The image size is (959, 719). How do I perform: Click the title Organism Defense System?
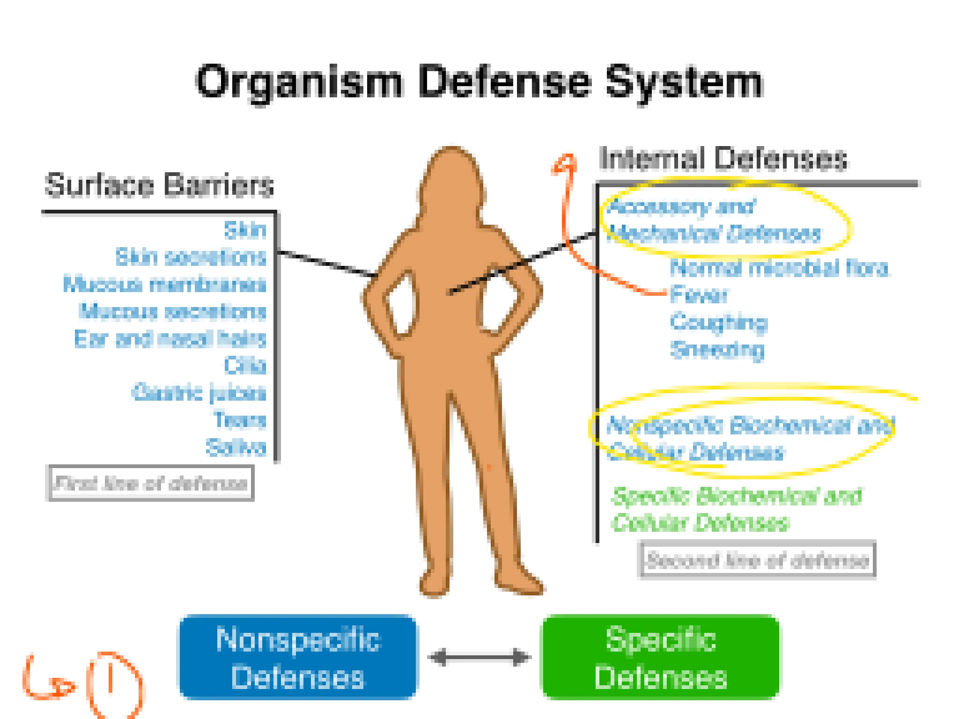(479, 82)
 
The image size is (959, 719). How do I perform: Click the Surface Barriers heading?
(159, 185)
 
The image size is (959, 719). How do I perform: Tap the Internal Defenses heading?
(723, 159)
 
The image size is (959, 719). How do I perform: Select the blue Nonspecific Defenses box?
(298, 657)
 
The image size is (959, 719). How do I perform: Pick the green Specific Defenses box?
(661, 657)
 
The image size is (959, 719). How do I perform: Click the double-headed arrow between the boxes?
(479, 657)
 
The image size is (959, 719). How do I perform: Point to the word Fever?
(699, 295)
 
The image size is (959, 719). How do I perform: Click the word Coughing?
(718, 323)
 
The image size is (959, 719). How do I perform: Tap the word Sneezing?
(717, 350)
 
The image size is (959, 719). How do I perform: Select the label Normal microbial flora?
(779, 268)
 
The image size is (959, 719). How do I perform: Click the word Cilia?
(245, 366)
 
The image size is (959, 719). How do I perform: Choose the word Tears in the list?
(239, 420)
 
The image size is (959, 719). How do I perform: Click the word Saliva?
(236, 448)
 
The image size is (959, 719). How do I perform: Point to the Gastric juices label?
(199, 393)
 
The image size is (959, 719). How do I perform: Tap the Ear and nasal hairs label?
(170, 338)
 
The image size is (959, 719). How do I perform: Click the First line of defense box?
(151, 483)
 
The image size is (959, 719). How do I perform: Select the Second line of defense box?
(757, 560)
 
